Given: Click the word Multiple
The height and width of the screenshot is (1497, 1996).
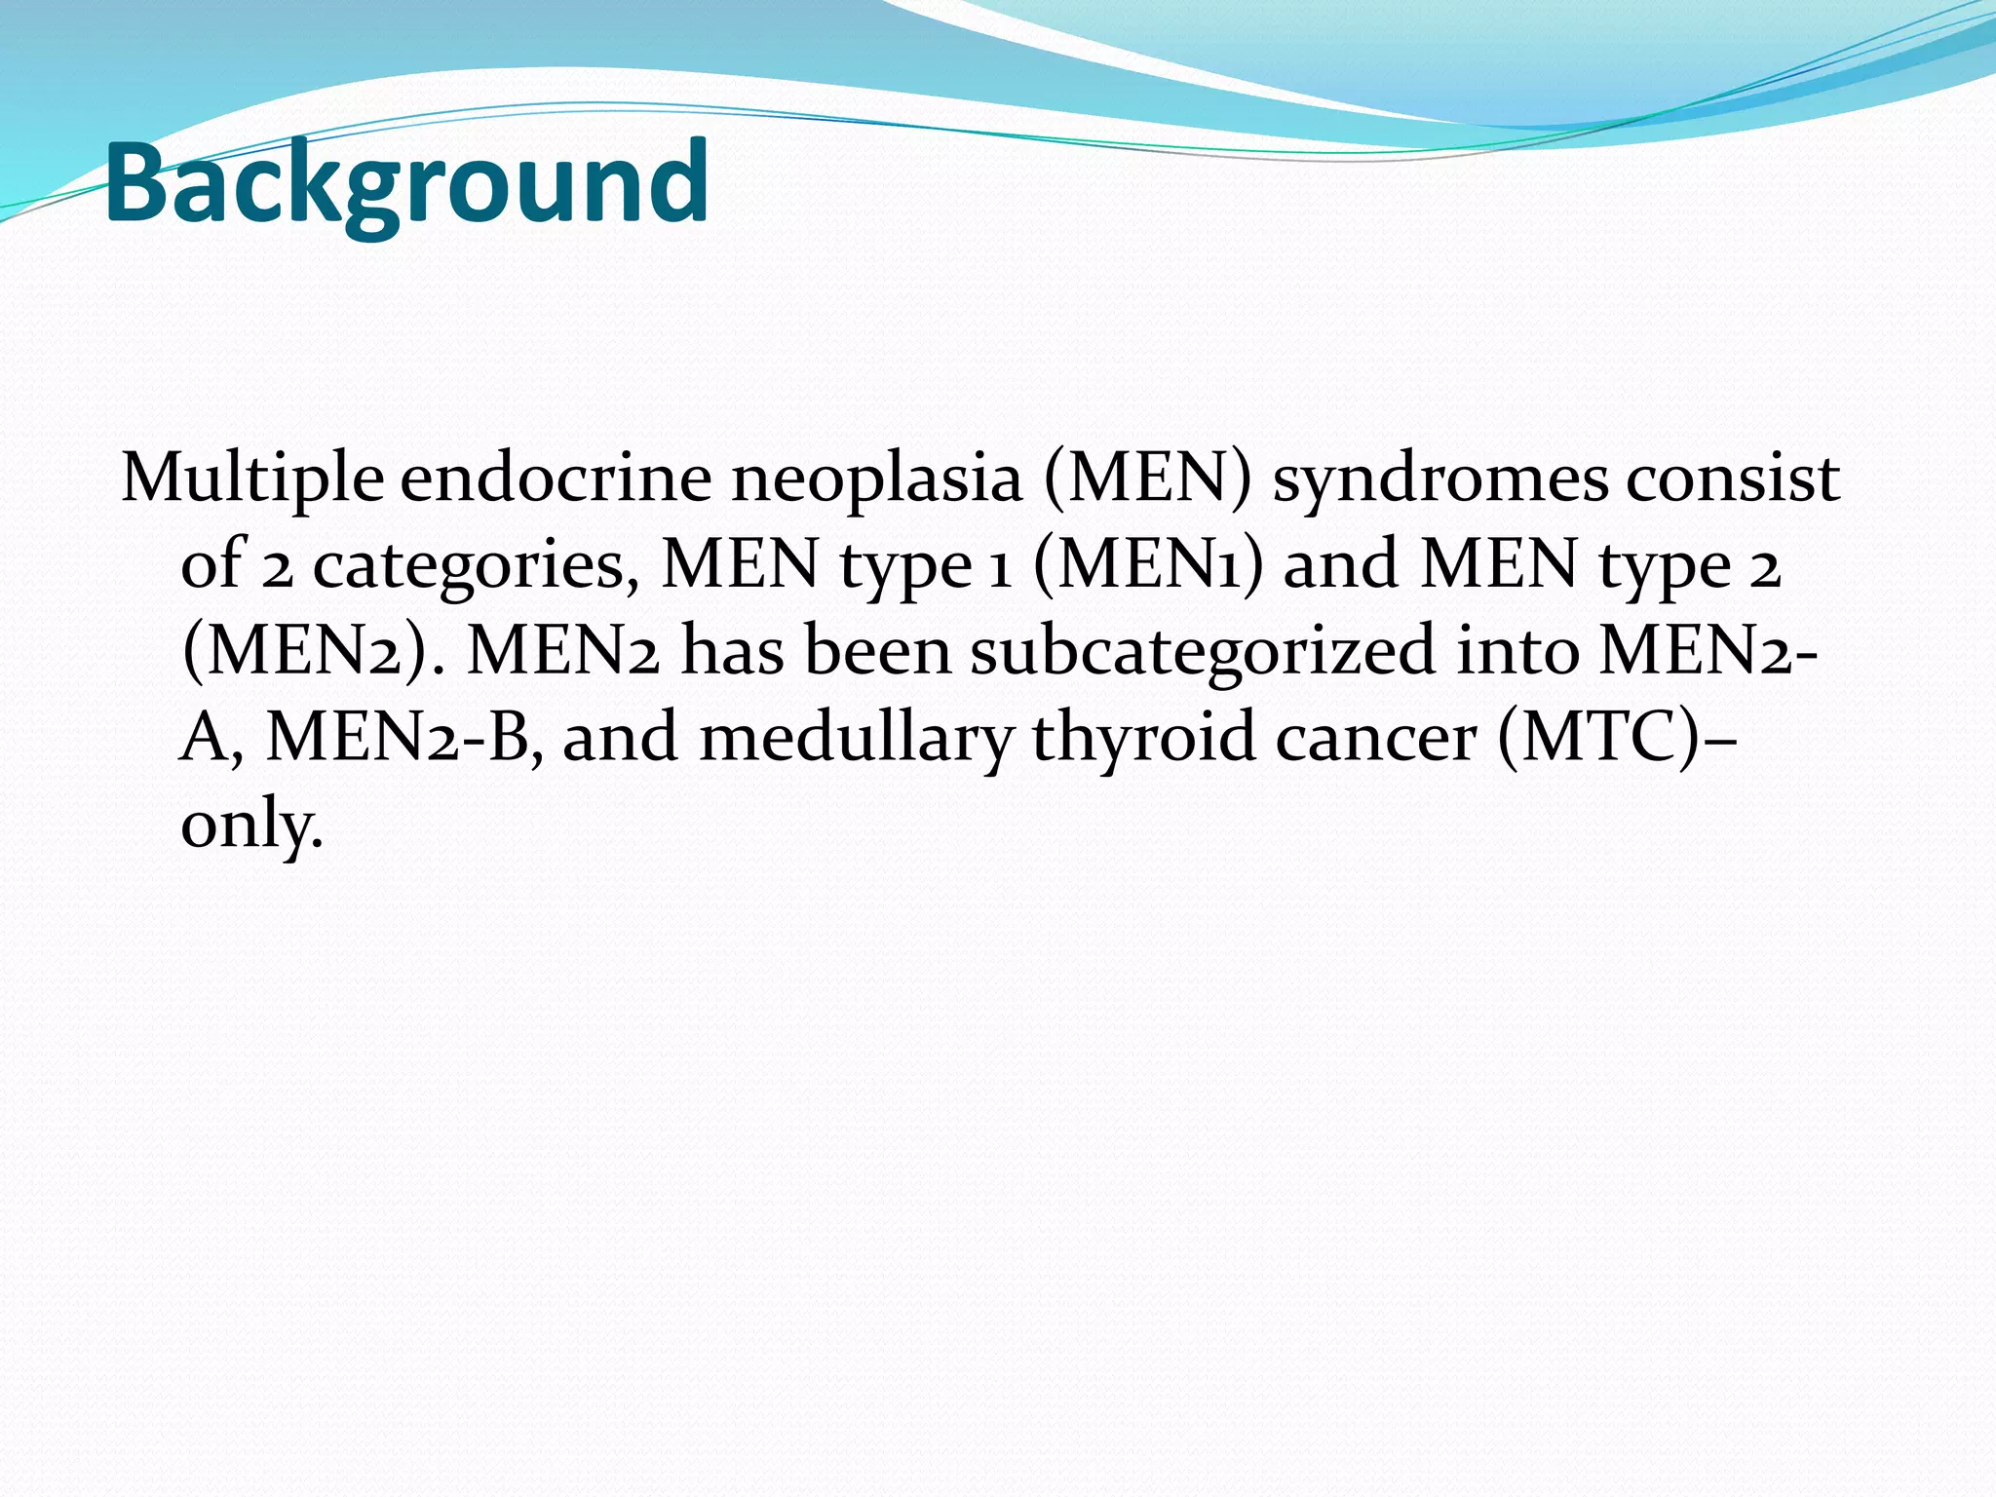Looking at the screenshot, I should [252, 480].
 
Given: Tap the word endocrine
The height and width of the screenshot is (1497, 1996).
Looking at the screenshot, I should [557, 480].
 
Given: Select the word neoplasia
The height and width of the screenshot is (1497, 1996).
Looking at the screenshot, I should [876, 480].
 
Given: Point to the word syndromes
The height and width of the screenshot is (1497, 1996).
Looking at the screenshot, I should [1440, 480].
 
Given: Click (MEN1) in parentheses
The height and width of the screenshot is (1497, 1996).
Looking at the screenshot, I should [1147, 565].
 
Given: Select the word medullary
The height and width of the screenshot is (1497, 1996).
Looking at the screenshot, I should [857, 738].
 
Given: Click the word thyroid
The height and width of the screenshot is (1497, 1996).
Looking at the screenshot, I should [1143, 738].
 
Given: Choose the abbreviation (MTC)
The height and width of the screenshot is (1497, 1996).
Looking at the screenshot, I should [1598, 738].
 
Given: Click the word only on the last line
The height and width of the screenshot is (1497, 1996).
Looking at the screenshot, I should [250, 824].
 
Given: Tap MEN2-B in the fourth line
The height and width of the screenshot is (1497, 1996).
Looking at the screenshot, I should [403, 738].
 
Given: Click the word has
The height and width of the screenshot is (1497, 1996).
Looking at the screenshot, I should [732, 651].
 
